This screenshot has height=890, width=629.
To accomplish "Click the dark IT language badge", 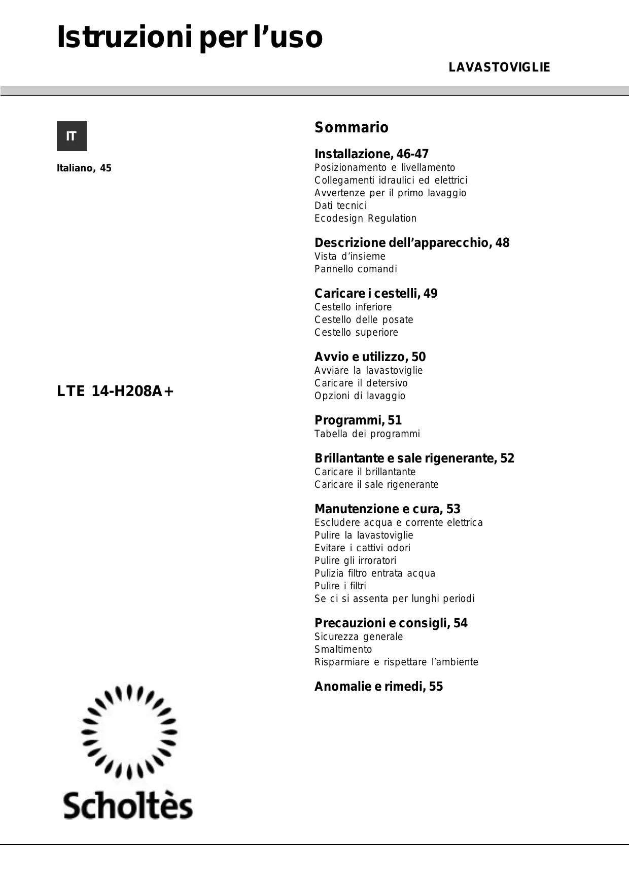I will (72, 136).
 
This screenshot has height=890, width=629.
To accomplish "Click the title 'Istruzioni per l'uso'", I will (189, 38).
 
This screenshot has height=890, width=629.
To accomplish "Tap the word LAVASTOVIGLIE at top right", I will (499, 67).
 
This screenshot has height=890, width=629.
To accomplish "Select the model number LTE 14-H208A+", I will (115, 391).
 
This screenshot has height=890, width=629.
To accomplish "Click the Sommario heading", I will (351, 127).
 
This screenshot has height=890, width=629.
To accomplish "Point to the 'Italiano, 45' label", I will (84, 168).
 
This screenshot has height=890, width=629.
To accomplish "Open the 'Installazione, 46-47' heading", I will (371, 154).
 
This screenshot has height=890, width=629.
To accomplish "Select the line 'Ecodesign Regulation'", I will (365, 218).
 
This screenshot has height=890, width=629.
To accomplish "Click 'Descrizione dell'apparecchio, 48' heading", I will (411, 243).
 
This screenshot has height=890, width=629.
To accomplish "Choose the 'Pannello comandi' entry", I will (356, 269).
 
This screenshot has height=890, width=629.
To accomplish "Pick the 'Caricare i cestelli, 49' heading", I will (375, 294).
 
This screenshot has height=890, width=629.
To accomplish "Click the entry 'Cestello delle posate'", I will (364, 319).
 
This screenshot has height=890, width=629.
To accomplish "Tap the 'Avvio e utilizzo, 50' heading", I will (370, 357).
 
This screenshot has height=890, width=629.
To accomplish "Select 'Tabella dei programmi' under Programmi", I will (367, 434).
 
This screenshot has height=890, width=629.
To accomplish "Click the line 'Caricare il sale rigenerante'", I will (376, 484).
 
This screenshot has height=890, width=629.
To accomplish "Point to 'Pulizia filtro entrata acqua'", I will (374, 573).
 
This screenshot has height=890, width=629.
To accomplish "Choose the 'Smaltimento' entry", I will (343, 649).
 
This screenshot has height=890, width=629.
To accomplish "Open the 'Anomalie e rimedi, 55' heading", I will (378, 687).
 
